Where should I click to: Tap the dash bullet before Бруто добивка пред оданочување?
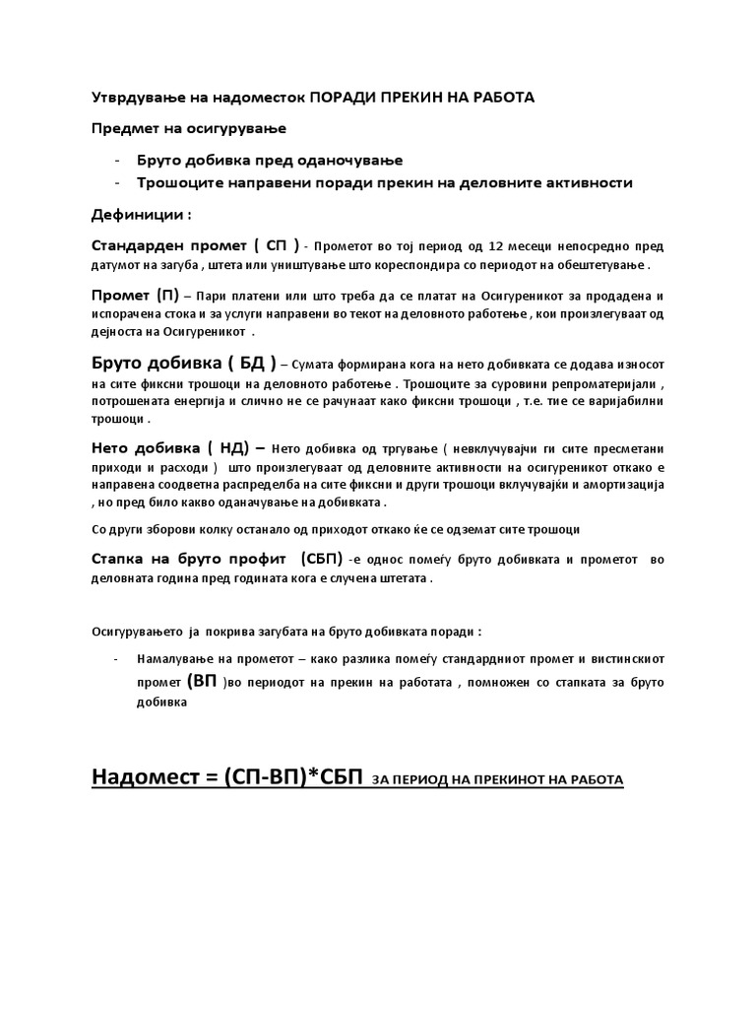point(118,160)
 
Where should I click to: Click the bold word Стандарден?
point(141,244)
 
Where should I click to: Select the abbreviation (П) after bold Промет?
point(166,296)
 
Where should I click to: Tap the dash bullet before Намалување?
point(118,657)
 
